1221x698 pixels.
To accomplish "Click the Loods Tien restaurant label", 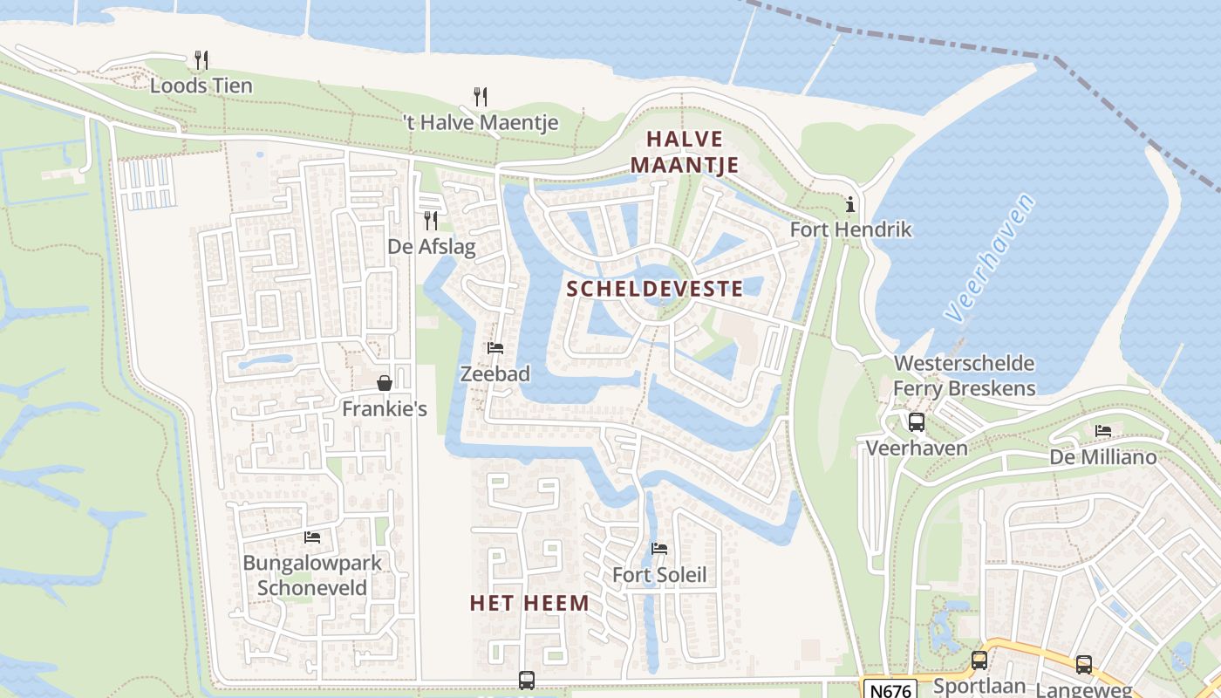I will [201, 86].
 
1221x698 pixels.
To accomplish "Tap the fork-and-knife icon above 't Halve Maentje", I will [480, 96].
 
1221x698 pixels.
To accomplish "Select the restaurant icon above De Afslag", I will [430, 220].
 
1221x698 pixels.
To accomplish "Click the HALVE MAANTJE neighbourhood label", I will [685, 152].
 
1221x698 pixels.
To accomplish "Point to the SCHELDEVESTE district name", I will [655, 289].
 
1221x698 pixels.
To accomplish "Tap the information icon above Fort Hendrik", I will [850, 204].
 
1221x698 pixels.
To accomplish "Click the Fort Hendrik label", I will [850, 229].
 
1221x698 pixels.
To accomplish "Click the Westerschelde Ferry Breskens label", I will [964, 376].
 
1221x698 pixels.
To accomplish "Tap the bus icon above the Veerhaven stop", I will [917, 422].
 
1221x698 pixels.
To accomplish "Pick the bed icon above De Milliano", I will [1103, 431].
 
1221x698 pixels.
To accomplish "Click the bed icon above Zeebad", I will [495, 348].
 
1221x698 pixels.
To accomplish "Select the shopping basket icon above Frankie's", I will [384, 383].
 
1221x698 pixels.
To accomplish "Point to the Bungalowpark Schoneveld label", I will [311, 575].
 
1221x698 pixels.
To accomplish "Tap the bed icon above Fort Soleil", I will [659, 549].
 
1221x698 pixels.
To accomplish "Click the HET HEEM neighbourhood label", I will [529, 603].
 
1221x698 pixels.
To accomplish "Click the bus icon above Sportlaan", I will [979, 660].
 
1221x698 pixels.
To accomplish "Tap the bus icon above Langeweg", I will [1084, 664].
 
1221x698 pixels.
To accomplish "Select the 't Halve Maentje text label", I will [481, 122].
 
